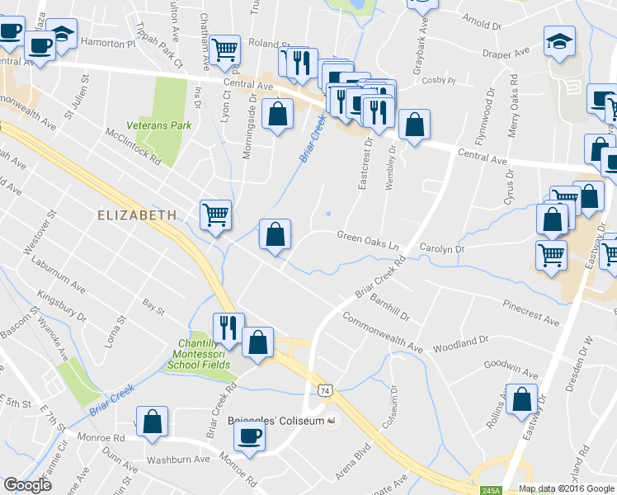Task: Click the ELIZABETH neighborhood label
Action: tap(137, 214)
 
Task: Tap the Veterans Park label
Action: tap(159, 125)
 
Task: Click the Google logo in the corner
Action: tap(28, 485)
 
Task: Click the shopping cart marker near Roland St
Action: tap(225, 49)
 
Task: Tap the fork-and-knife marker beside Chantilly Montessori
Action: tap(228, 328)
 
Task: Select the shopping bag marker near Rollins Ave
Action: tap(524, 399)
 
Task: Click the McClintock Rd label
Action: tap(133, 146)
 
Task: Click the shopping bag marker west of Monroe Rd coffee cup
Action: tap(153, 421)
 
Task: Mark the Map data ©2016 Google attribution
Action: tap(567, 488)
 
